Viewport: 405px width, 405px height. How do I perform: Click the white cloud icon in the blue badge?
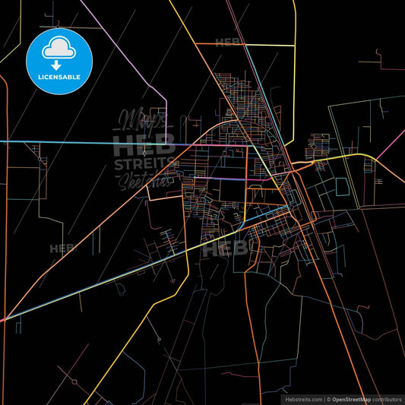(x=59, y=47)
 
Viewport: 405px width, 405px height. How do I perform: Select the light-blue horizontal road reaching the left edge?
(x=46, y=141)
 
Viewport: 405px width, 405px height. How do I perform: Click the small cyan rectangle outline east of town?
(x=341, y=186)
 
